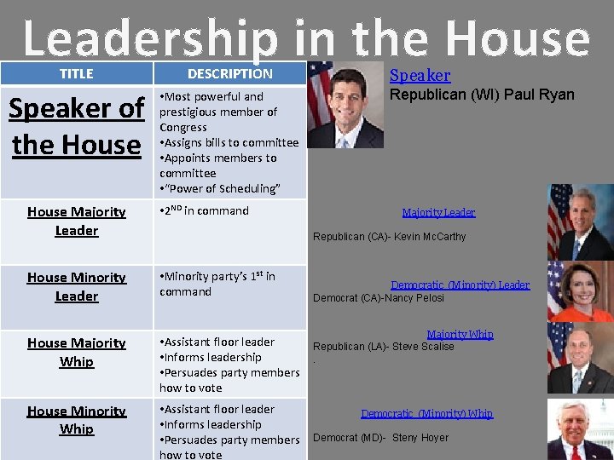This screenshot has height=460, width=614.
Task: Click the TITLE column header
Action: [76, 74]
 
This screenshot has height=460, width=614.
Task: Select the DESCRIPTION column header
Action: [229, 74]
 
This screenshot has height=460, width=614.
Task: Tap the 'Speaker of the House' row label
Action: [76, 126]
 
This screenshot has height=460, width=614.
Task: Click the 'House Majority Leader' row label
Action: [76, 221]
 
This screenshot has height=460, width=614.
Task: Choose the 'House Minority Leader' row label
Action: [76, 286]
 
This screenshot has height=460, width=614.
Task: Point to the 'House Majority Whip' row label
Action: [76, 352]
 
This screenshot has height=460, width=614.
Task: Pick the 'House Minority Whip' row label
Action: [76, 420]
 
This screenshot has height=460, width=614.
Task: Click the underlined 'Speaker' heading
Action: [420, 76]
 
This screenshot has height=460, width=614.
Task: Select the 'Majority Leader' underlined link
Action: [438, 212]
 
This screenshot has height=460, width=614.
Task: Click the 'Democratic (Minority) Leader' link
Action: [460, 285]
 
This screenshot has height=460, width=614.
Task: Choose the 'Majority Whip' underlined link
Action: [460, 335]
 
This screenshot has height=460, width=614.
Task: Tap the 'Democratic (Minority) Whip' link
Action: [426, 413]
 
